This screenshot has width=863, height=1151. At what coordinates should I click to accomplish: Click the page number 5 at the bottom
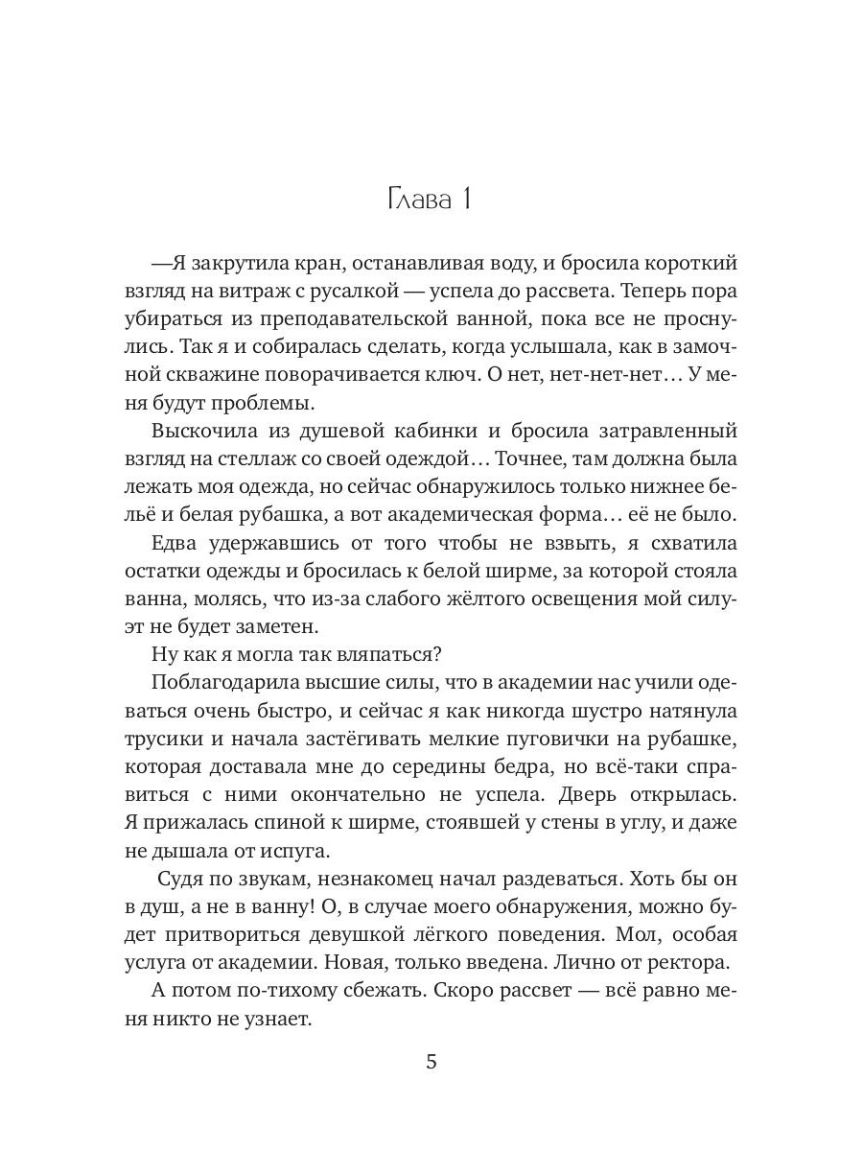pos(431,1062)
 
